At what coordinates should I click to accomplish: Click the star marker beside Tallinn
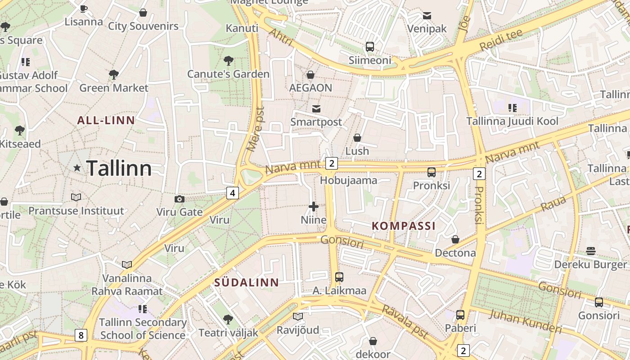pos(77,168)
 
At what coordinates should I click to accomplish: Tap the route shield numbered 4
pos(232,193)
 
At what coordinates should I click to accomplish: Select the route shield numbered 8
pos(81,335)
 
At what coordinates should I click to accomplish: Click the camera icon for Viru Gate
pos(179,199)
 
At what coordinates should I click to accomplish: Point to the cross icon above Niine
pos(314,207)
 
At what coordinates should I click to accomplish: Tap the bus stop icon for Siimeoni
pos(370,46)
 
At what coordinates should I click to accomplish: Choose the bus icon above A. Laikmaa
pos(339,277)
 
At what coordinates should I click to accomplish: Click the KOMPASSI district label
pos(404,226)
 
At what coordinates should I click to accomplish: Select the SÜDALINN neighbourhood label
pos(246,283)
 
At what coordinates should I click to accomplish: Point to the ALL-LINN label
pos(106,120)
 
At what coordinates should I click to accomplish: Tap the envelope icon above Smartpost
pos(316,108)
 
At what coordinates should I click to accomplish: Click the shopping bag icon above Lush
pos(357,137)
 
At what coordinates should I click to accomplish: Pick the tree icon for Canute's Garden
pos(229,60)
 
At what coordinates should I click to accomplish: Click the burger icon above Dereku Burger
pos(591,251)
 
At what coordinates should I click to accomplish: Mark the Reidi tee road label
pos(501,40)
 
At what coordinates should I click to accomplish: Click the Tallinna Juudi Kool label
pos(512,121)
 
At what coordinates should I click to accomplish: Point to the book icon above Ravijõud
pos(298,316)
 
